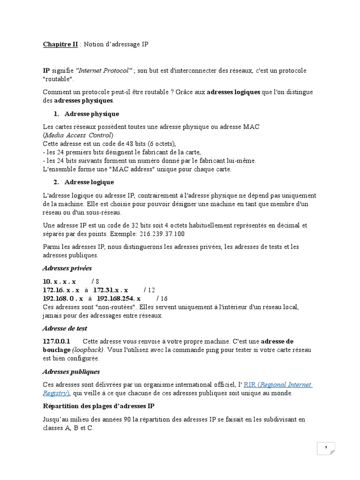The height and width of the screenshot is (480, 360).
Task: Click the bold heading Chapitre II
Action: pos(60,44)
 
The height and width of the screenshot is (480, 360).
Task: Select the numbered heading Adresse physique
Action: pos(91,114)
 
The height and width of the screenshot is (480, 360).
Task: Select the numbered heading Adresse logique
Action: pos(89,182)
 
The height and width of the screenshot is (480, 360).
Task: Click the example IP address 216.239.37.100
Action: pos(162,233)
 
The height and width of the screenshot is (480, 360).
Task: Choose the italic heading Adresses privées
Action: pos(67,268)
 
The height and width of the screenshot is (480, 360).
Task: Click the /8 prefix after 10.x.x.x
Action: pos(95,281)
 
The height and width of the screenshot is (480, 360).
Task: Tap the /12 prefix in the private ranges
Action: pos(149,290)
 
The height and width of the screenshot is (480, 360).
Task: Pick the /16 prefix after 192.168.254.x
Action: pos(162,298)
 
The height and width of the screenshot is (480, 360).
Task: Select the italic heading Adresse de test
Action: pos(65,329)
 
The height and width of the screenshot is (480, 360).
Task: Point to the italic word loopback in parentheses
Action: pos(89,350)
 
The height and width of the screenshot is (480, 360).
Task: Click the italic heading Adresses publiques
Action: pos(71,372)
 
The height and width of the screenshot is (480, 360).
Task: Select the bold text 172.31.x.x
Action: pos(111,290)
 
